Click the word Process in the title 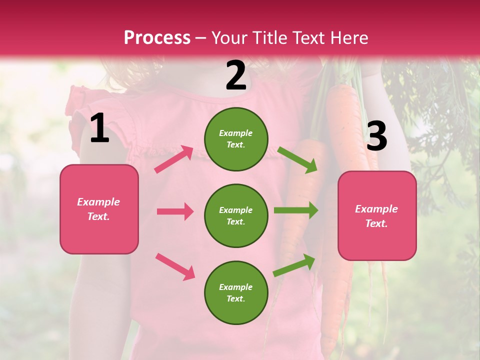(157, 37)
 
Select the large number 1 (99, 128)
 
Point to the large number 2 (236, 75)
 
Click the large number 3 (376, 136)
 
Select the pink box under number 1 (99, 209)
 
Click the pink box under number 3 (377, 216)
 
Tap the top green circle (236, 138)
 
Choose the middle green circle (236, 215)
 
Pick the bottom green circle (236, 292)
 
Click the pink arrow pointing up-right (174, 159)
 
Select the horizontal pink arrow (175, 211)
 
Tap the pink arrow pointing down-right (175, 266)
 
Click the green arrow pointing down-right (297, 159)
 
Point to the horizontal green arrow (295, 210)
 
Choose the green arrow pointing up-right (294, 265)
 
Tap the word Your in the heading (229, 37)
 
